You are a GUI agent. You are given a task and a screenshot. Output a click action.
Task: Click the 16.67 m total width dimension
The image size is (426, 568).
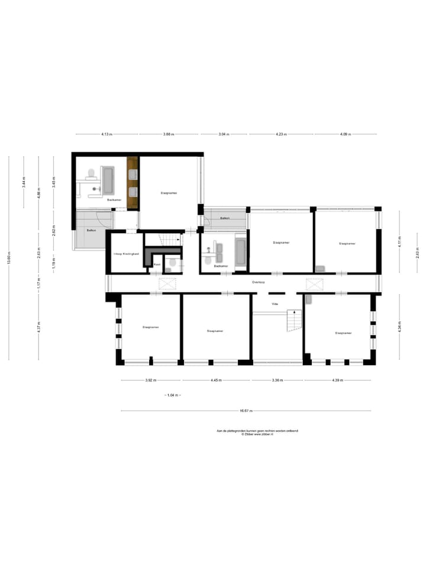pos(246,411)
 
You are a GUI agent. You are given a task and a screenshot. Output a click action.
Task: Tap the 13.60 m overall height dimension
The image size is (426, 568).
pos(9,259)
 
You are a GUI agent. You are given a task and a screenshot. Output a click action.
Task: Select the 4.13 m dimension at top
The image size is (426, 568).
pos(106,134)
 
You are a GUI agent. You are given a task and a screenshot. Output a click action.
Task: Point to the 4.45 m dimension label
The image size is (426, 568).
pos(216,380)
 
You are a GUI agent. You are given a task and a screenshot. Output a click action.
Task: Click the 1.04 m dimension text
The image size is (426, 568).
pos(172,395)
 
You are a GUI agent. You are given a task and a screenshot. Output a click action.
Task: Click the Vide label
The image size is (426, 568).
pos(275,304)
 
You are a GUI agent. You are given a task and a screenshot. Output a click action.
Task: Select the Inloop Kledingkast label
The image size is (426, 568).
pos(126,254)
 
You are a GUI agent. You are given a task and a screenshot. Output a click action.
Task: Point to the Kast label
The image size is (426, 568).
pos(157,264)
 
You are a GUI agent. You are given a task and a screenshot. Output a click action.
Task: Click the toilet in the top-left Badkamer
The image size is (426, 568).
pos(91,173)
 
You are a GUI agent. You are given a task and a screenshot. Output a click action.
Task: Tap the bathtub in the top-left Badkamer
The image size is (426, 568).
pos(108,180)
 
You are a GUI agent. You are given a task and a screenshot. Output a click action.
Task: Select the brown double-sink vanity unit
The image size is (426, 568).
pos(133,183)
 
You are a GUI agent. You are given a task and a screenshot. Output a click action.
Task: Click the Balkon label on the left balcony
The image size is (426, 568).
pos(91,230)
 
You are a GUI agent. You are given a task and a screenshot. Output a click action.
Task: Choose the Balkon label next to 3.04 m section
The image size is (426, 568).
pos(225,218)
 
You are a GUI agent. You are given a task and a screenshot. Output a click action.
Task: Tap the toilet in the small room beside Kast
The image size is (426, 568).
pos(173,263)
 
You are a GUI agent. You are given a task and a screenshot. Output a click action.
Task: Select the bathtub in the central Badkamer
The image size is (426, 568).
pos(241,253)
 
